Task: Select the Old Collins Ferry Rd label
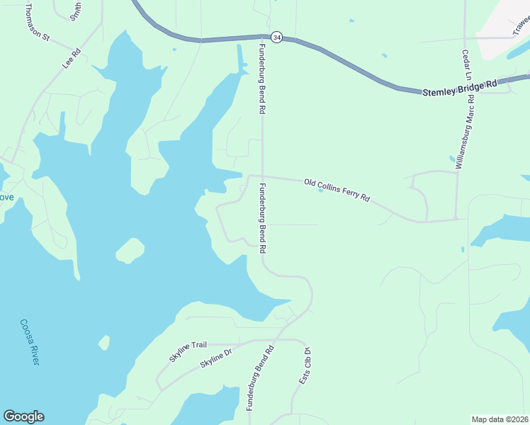[337, 191]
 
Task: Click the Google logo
[23, 416]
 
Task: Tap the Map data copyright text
[500, 419]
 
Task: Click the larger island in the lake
[130, 251]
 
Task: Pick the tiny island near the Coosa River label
[104, 343]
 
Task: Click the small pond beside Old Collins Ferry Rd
[320, 190]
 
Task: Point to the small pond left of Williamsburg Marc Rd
[452, 159]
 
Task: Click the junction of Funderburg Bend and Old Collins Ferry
[263, 176]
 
